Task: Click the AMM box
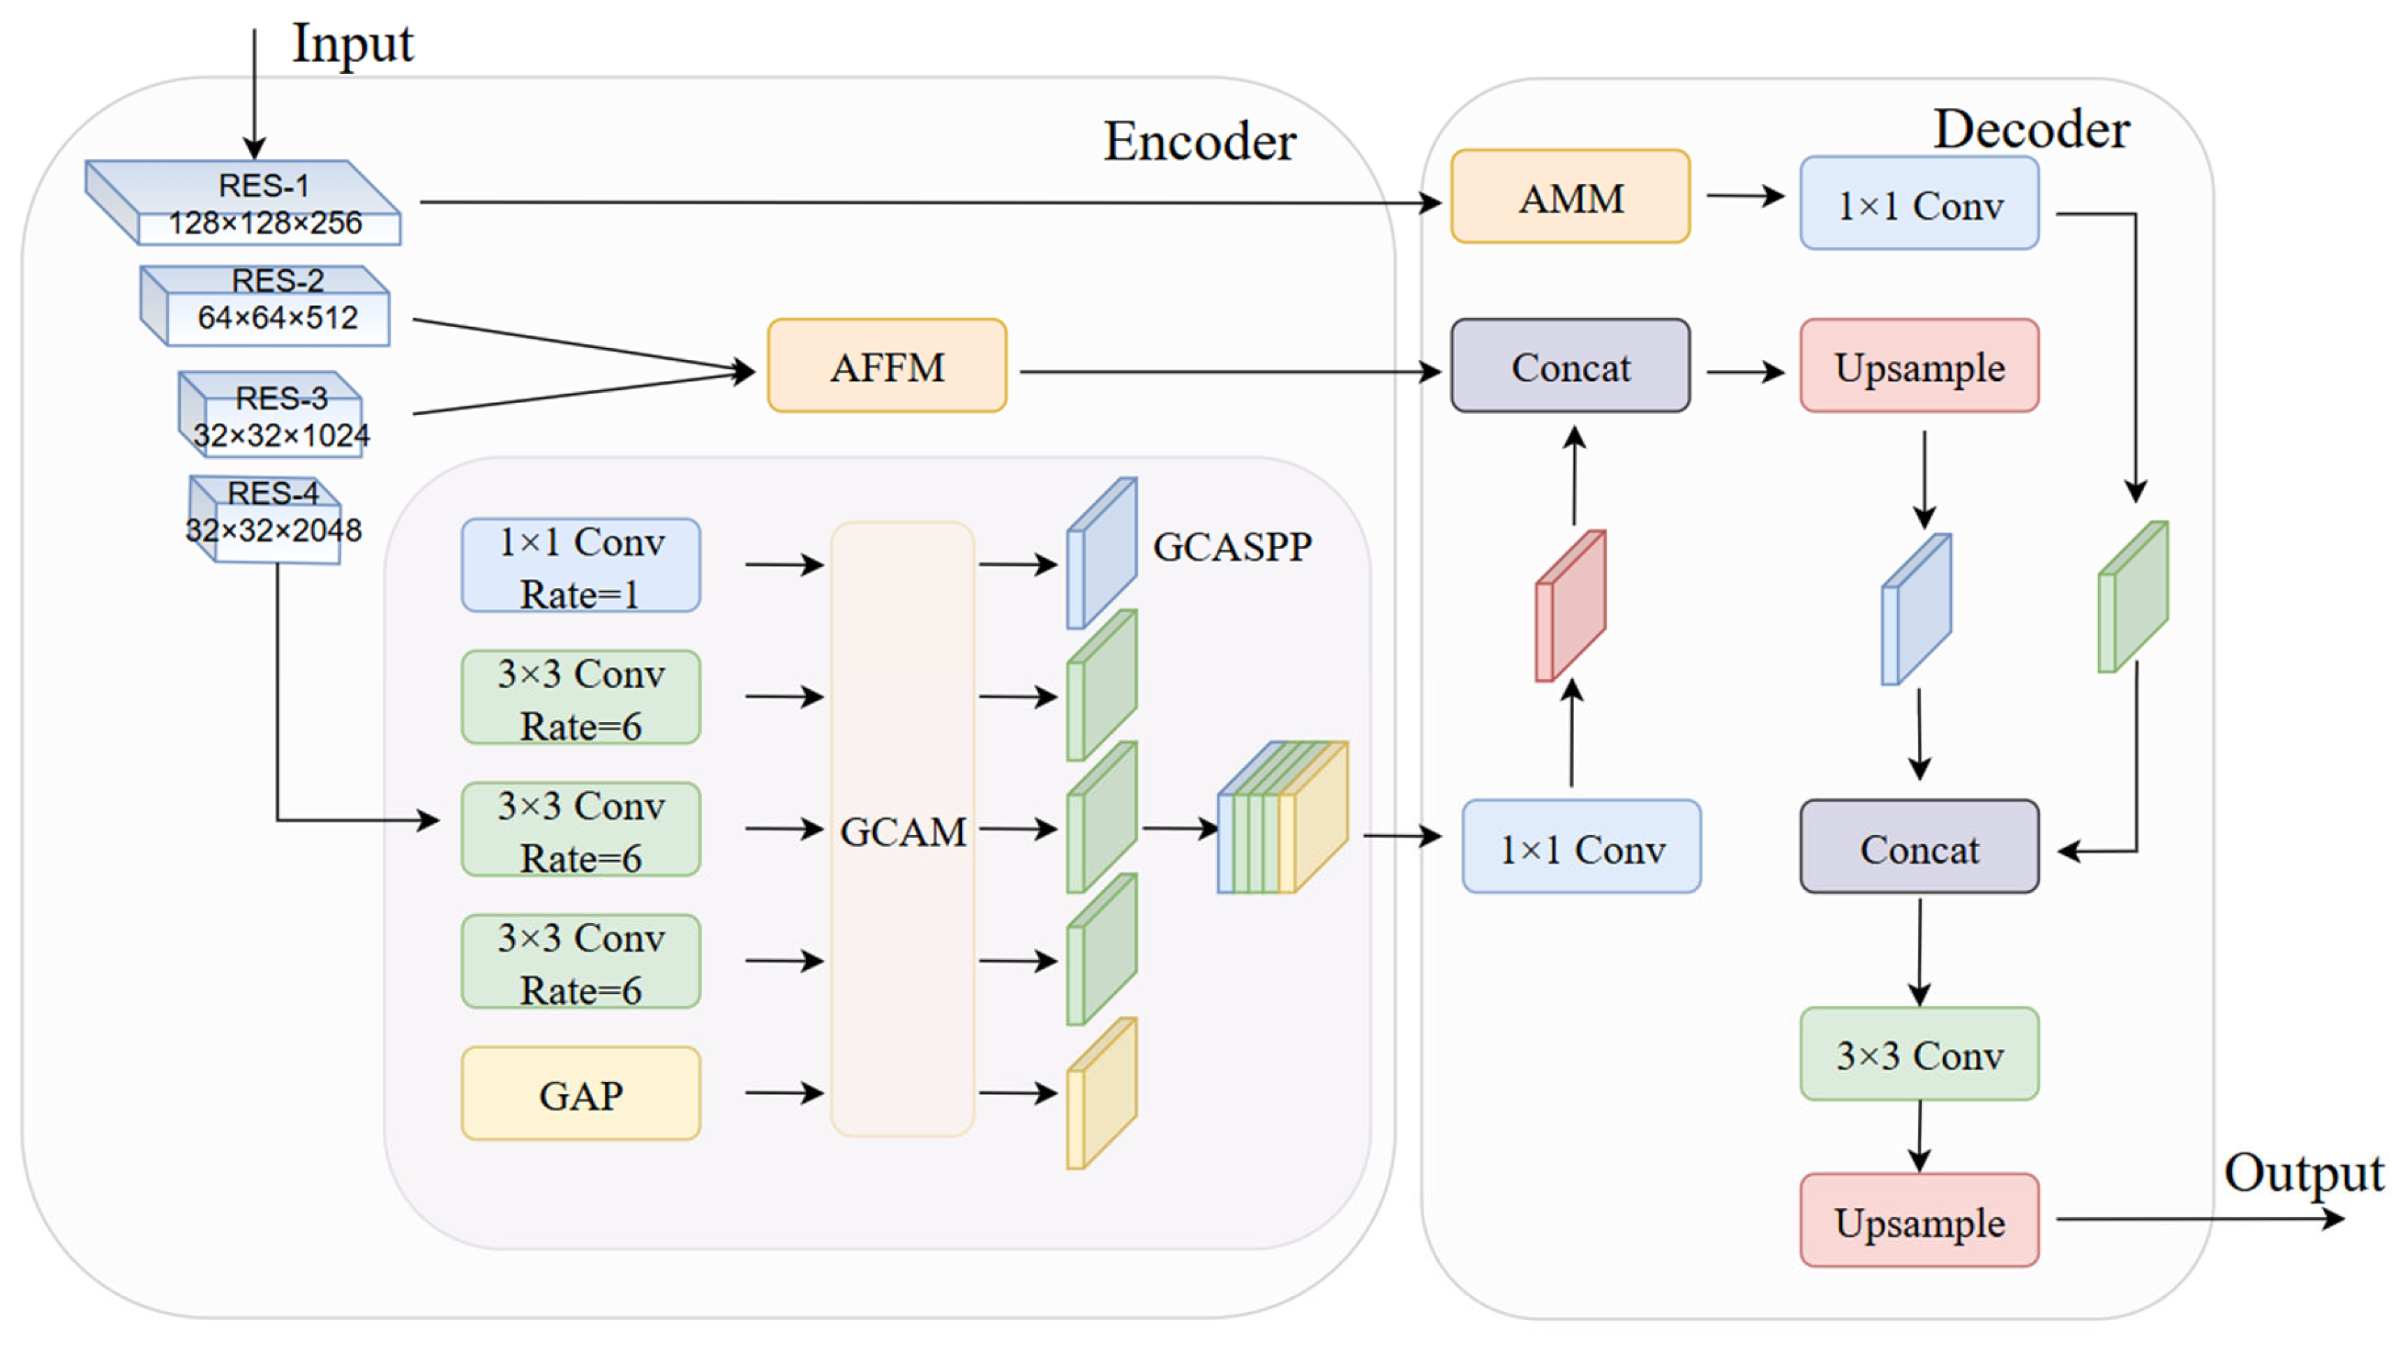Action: coord(1571,196)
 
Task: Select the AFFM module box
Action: coord(887,366)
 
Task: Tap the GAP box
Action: coord(580,1093)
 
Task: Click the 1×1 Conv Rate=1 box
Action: coord(580,566)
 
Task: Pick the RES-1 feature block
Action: coord(244,202)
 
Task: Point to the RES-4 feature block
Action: coord(265,519)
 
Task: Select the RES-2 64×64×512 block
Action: coord(265,306)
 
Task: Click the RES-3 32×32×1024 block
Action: coord(271,414)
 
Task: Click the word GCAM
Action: coord(903,831)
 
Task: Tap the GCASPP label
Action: coord(1232,547)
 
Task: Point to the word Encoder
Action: coord(1199,142)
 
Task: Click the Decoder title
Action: coord(2032,129)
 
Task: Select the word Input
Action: coord(353,45)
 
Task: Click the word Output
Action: coord(2304,1173)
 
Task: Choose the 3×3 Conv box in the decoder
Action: coord(1919,1054)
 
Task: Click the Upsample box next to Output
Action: coord(1919,1220)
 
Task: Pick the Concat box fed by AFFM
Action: coord(1571,366)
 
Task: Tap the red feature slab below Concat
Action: coord(1571,605)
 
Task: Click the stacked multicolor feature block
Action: coord(1283,818)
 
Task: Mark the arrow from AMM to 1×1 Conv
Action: coord(1746,196)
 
